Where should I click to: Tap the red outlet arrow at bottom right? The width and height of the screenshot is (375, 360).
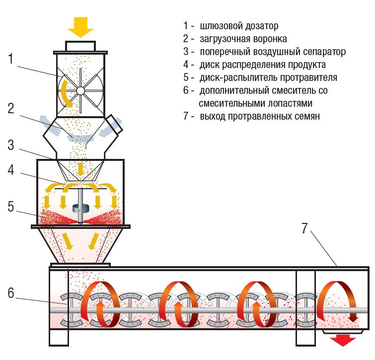click(x=343, y=340)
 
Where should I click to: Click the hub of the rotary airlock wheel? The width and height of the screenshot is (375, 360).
click(x=80, y=90)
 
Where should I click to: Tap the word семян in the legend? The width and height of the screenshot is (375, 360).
click(x=306, y=117)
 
